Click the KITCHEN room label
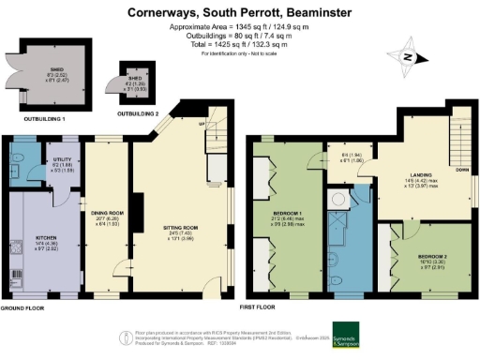[46, 238]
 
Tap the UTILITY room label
[63, 160]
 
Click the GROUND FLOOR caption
[24, 307]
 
